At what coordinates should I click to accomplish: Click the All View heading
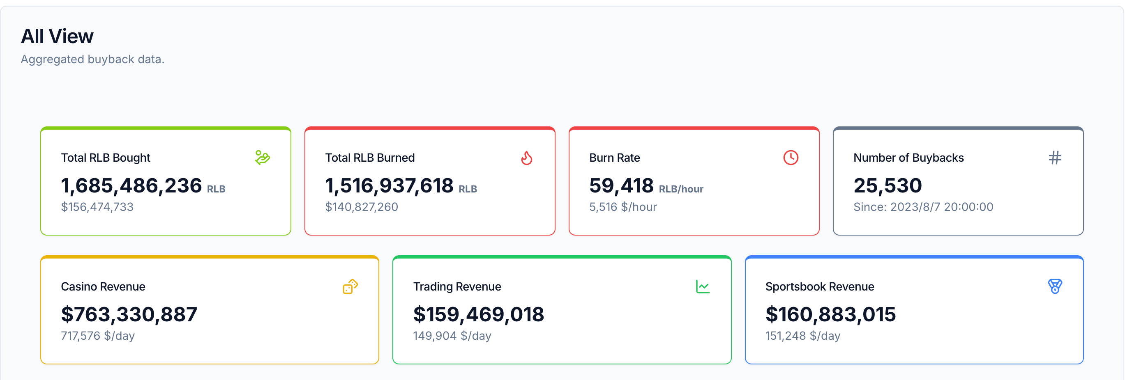click(x=57, y=36)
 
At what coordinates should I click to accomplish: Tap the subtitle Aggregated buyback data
click(x=92, y=60)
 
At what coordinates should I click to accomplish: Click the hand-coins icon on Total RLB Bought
click(x=263, y=158)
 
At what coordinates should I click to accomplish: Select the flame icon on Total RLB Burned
click(x=527, y=158)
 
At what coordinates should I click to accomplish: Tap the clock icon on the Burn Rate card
click(x=791, y=158)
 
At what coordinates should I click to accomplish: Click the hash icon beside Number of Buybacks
click(x=1055, y=158)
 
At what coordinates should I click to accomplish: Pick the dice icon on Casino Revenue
click(x=350, y=286)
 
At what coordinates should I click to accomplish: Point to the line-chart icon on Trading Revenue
click(x=703, y=286)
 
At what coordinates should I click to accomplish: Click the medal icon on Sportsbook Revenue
click(x=1055, y=286)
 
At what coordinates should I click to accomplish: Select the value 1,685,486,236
click(x=131, y=186)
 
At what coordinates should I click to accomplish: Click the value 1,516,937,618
click(x=390, y=186)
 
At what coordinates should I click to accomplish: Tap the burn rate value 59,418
click(x=621, y=186)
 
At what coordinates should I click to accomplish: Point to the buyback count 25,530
click(x=888, y=186)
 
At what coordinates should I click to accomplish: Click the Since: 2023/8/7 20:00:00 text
click(x=924, y=207)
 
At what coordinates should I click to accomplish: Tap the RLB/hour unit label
click(x=681, y=189)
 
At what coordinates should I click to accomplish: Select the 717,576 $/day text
click(x=98, y=336)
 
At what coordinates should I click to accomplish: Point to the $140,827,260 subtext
click(x=362, y=207)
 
